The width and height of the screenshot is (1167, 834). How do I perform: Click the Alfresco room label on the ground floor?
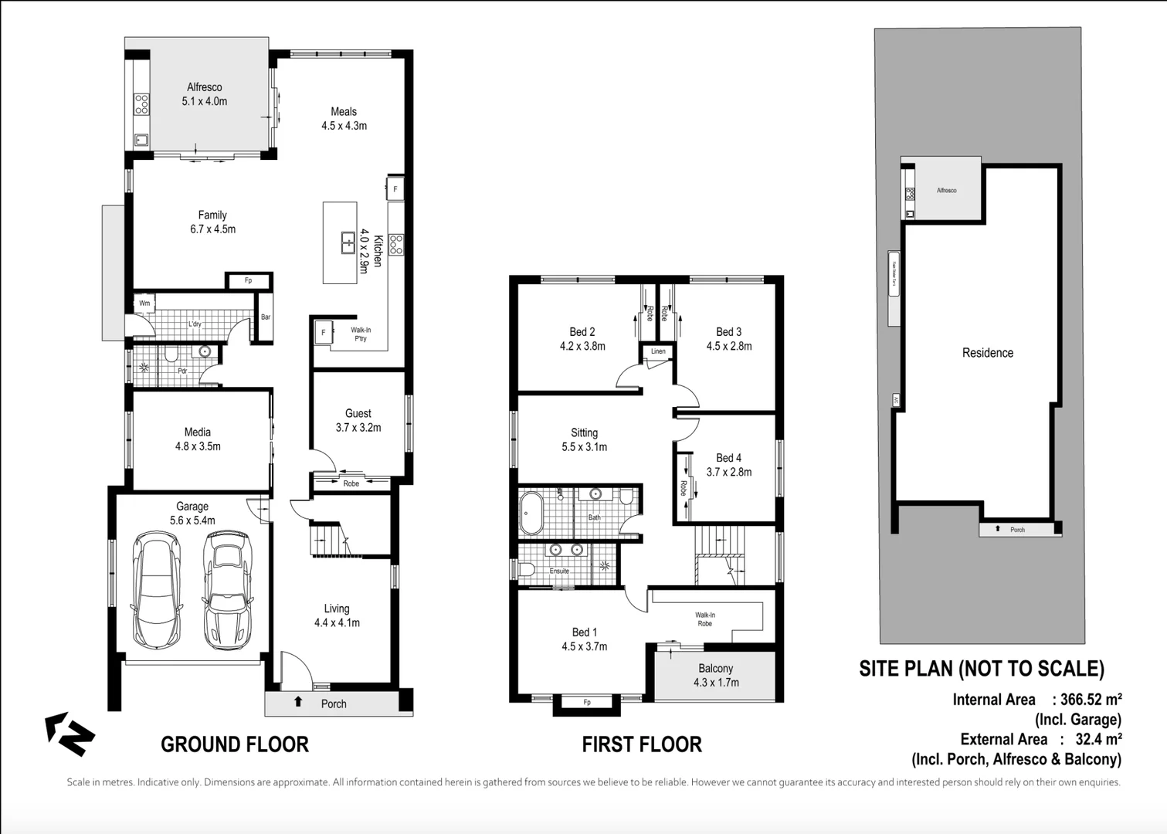[204, 87]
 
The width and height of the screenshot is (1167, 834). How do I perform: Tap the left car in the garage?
[158, 591]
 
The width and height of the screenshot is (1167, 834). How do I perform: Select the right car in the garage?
[228, 591]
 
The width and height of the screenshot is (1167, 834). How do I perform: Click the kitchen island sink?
[348, 242]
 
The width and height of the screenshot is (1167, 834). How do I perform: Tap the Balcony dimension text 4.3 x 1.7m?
[716, 683]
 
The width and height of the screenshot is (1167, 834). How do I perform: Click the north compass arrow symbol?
[70, 734]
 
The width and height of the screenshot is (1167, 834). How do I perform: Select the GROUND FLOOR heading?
[234, 744]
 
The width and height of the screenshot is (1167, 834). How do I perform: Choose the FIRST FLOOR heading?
[641, 744]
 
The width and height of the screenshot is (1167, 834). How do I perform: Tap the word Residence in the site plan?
[987, 353]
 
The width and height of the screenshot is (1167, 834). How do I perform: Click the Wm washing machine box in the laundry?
[144, 303]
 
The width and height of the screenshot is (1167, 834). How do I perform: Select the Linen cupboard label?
[658, 351]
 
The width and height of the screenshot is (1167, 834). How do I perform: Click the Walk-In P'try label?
[361, 334]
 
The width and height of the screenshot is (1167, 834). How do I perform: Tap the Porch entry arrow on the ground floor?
[298, 702]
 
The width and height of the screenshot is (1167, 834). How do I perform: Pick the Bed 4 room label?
[728, 458]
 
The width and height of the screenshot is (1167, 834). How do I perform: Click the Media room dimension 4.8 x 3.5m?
[198, 446]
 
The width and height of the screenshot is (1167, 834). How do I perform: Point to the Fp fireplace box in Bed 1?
[587, 702]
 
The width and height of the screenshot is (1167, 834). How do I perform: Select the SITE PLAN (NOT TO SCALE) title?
[982, 669]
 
